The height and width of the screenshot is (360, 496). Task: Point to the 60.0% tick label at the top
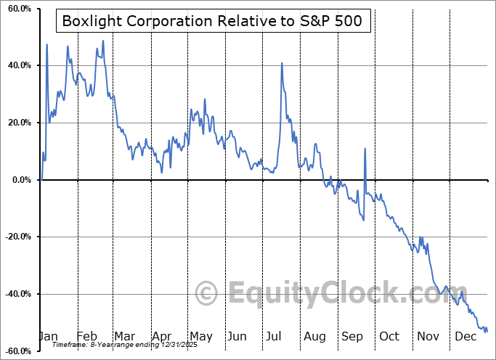click(x=18, y=9)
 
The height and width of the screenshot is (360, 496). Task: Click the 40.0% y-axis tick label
click(x=18, y=65)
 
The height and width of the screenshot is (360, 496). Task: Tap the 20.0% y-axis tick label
click(x=18, y=123)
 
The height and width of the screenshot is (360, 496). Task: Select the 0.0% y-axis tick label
click(x=20, y=180)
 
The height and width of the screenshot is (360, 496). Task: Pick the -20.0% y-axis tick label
click(x=17, y=237)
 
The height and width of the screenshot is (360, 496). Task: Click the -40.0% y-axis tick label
click(x=17, y=294)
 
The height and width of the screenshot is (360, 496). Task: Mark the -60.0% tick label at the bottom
click(x=17, y=351)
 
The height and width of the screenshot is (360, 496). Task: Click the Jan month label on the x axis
click(x=48, y=337)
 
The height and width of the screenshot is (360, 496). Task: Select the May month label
click(x=200, y=337)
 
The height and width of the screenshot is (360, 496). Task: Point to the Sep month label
click(x=351, y=337)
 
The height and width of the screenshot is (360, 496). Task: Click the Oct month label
click(x=389, y=337)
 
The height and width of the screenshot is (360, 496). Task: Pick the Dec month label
click(x=465, y=337)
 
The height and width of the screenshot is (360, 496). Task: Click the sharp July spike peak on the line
click(x=282, y=63)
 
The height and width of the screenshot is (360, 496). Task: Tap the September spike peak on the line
click(x=365, y=149)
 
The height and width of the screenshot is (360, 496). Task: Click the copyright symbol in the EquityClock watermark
click(x=207, y=294)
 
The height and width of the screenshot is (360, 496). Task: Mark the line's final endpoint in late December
click(x=487, y=331)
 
